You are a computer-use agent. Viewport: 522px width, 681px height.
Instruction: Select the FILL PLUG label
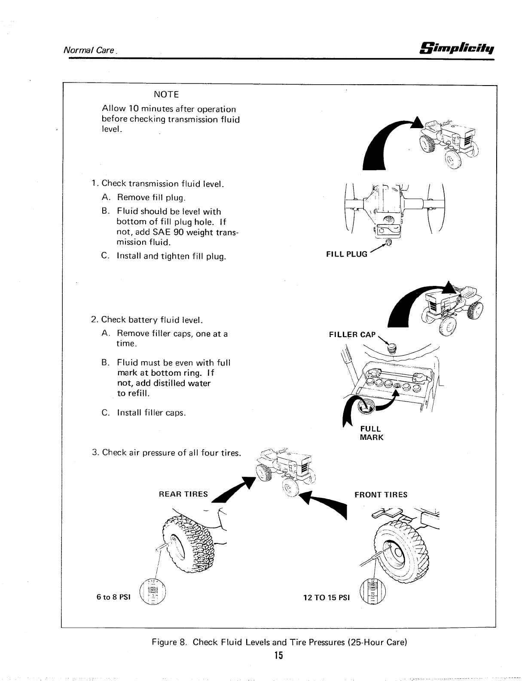point(347,254)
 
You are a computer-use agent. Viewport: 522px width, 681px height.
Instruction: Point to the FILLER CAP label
point(352,334)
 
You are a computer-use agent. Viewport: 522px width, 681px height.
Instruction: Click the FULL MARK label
point(371,433)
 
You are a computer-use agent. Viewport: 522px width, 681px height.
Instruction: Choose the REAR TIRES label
point(183,494)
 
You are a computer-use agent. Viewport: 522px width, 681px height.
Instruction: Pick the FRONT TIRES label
point(381,494)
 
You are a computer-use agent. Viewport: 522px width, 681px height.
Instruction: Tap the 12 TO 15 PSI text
point(327,598)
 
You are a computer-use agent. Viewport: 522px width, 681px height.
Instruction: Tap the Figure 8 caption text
point(279,642)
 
